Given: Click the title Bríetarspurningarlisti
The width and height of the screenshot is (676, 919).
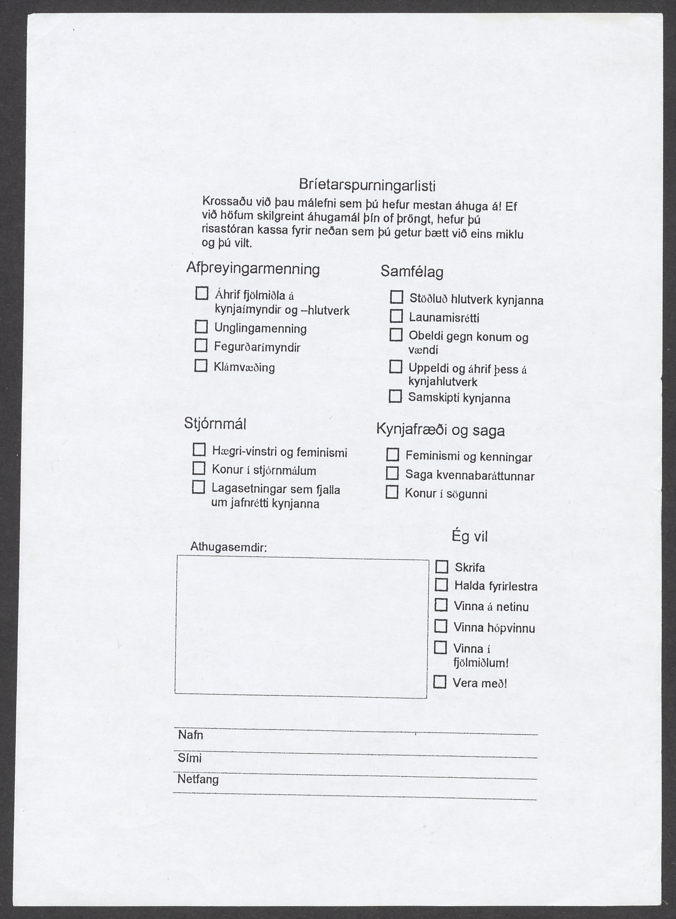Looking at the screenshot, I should coord(367,185).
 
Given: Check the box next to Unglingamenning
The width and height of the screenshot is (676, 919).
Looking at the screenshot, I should coord(201,327).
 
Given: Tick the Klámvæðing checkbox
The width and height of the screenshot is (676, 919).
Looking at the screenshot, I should coord(200,365).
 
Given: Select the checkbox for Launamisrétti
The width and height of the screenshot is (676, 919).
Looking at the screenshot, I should coord(396,316).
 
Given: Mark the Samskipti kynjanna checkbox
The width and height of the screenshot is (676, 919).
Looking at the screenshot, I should coord(395,396).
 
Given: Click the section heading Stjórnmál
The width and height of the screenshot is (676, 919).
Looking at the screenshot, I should coord(215,423).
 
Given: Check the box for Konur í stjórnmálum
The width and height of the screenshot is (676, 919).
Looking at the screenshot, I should coord(199,468).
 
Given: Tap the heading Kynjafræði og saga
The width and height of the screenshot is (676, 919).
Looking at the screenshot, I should coord(440,430).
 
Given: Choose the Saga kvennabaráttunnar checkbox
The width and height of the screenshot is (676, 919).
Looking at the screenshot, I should coord(392,473).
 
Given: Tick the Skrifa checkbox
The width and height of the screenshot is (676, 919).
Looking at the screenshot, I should coord(442,566).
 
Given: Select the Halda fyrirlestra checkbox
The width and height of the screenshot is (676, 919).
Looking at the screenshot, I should coord(441,585).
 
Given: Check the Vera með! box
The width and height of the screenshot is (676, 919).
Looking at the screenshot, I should coord(439,682).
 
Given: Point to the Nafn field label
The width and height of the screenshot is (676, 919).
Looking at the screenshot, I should coord(190,735).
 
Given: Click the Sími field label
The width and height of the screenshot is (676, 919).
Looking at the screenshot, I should coord(190,758).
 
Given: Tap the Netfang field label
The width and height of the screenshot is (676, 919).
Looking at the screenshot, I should coord(198,779).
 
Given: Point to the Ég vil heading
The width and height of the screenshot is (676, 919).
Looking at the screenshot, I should coord(469,536).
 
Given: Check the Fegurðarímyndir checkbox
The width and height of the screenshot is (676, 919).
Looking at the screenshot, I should coord(200,345).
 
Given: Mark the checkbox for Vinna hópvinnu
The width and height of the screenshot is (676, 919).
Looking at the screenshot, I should coord(440,626).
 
